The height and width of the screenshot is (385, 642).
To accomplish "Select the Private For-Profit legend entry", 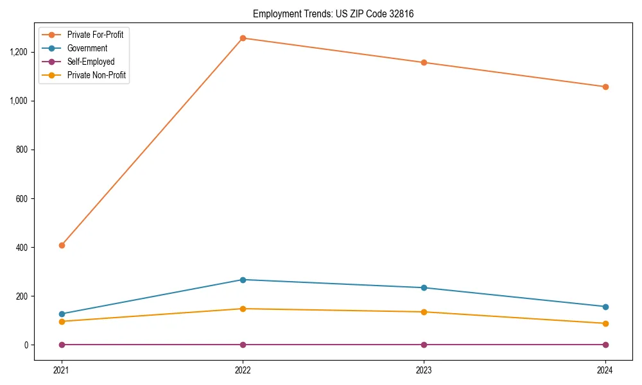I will tap(95, 35).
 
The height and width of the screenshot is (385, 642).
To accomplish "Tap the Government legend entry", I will tap(87, 48).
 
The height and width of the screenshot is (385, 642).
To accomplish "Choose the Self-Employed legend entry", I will tap(91, 62).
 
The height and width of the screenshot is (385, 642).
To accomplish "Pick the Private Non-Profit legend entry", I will tap(96, 75).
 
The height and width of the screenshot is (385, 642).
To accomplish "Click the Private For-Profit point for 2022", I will tap(243, 38).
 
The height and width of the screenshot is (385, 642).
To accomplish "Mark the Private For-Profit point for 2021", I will tap(62, 245).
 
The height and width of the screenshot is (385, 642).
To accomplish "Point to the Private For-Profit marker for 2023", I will tap(424, 62).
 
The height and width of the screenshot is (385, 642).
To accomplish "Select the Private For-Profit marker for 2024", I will tap(605, 87).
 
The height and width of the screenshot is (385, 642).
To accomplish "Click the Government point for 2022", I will tap(243, 280).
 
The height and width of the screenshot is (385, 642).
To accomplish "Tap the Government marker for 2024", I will tap(605, 307).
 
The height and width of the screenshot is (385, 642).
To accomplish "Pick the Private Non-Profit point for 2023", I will tap(424, 312).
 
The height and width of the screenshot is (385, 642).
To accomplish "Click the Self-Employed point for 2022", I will tap(243, 345).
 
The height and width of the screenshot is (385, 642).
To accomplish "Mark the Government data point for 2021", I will tap(62, 314).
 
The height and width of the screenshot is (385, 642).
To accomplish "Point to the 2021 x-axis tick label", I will tap(62, 370).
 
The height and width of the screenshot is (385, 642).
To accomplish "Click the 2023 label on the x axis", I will tap(424, 370).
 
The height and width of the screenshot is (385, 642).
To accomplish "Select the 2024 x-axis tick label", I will tap(605, 370).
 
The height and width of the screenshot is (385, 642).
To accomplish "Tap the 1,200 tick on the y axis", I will tap(18, 52).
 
